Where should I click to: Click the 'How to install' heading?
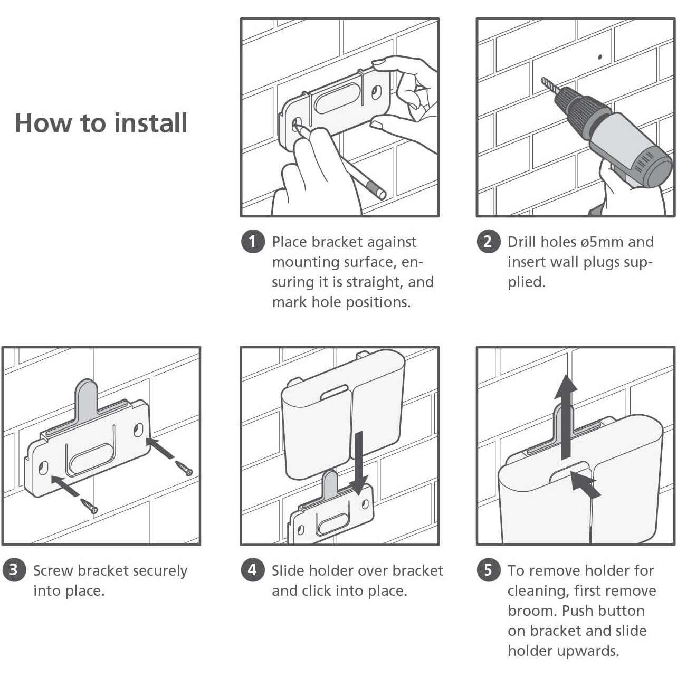pos(101,123)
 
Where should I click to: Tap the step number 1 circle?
pos(253,242)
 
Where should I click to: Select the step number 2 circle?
pos(488,242)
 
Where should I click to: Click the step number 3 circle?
pos(14,570)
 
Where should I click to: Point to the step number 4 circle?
pos(253,570)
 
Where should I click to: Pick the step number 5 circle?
pos(488,570)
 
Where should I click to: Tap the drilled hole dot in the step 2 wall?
pos(600,57)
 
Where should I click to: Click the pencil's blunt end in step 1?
pos(381,194)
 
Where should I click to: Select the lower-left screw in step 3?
pos(89,506)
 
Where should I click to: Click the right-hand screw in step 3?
pos(184,469)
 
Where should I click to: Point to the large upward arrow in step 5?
pos(566,417)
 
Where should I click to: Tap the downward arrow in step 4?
pos(359,463)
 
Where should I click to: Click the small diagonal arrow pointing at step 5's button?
pos(585,484)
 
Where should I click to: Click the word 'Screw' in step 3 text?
pos(53,570)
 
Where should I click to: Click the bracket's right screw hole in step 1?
pos(376,92)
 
